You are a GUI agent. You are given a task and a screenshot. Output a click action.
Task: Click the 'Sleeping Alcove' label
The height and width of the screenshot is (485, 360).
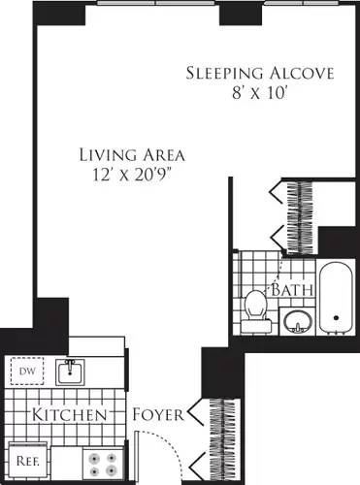(259, 74)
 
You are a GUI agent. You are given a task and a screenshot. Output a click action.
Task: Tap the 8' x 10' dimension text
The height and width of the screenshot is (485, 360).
(259, 95)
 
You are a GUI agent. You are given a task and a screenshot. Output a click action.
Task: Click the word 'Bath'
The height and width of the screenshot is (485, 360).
(290, 290)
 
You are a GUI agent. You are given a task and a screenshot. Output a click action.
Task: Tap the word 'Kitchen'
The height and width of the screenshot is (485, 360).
(69, 415)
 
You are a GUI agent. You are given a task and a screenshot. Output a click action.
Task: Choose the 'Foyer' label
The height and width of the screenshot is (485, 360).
(159, 415)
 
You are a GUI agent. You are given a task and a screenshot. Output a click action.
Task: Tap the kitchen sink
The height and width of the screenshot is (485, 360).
(69, 372)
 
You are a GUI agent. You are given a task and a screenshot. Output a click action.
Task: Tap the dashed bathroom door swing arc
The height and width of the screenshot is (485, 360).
(281, 267)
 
